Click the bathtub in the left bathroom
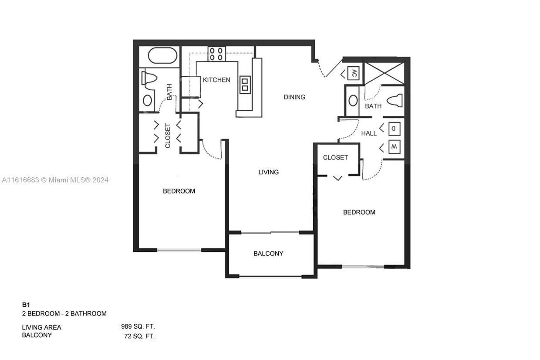pyautogui.click(x=162, y=56)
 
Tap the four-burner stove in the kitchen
pyautogui.click(x=216, y=54)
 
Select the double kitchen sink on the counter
pyautogui.click(x=245, y=84)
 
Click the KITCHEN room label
pyautogui.click(x=216, y=80)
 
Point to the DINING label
pyautogui.click(x=294, y=97)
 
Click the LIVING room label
pyautogui.click(x=268, y=172)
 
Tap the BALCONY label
pyautogui.click(x=268, y=253)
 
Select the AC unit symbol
pyautogui.click(x=354, y=73)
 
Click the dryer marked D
pyautogui.click(x=394, y=128)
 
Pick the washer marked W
pyautogui.click(x=394, y=147)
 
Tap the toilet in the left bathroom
pyautogui.click(x=149, y=78)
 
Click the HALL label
pyautogui.click(x=369, y=133)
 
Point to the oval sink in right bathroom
pyautogui.click(x=353, y=101)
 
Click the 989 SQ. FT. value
pyautogui.click(x=138, y=326)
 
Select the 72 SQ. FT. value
pyautogui.click(x=139, y=336)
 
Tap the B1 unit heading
pyautogui.click(x=26, y=305)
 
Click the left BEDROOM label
pyautogui.click(x=179, y=191)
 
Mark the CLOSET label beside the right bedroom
pyautogui.click(x=335, y=157)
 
